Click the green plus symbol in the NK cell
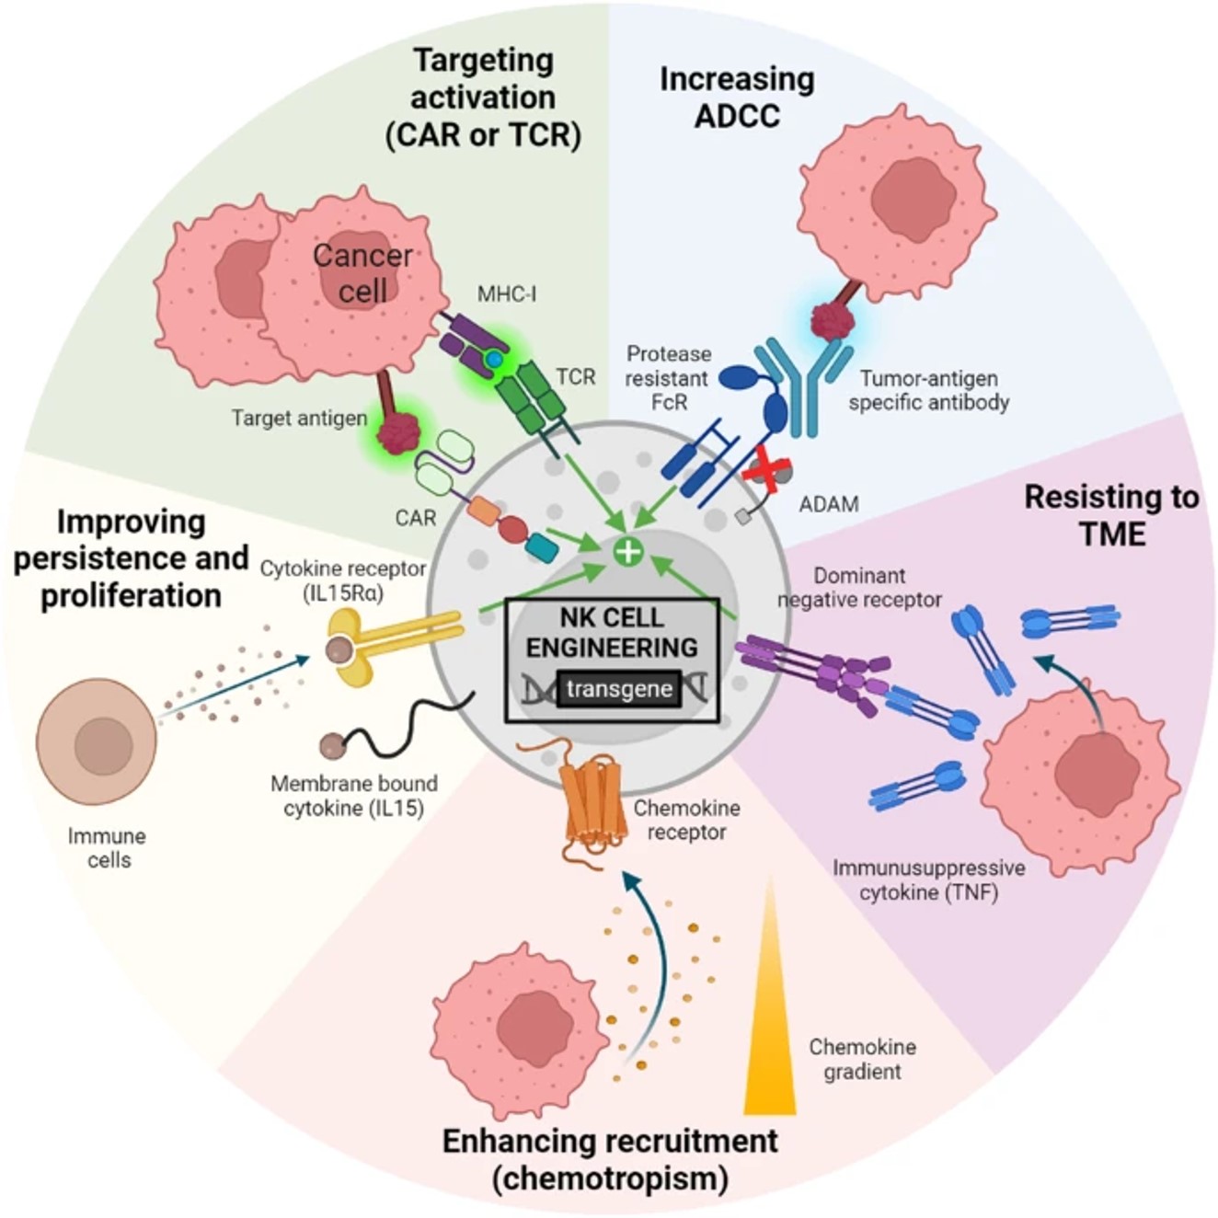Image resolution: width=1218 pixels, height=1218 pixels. point(628,551)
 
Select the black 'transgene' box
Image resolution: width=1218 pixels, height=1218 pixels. point(619,689)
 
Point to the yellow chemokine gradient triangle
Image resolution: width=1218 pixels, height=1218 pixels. point(770,1030)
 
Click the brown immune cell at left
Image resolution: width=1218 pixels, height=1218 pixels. point(97,741)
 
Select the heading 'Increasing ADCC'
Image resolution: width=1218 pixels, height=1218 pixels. point(736,98)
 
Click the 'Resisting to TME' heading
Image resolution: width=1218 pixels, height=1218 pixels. point(1111,515)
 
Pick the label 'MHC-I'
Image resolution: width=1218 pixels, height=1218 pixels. point(506,294)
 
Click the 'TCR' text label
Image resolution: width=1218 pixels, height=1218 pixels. point(575,376)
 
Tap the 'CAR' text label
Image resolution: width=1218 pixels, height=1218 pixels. point(415,518)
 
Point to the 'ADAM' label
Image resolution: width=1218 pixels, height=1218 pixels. point(828,504)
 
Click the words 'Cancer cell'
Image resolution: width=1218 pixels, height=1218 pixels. point(362,273)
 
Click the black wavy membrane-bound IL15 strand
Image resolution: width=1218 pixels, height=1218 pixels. point(405,727)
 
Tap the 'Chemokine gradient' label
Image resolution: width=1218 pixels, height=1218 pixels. point(862,1059)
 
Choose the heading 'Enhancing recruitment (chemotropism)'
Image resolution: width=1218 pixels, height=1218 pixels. point(610,1159)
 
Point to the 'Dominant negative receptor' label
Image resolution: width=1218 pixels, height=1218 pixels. point(859,588)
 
